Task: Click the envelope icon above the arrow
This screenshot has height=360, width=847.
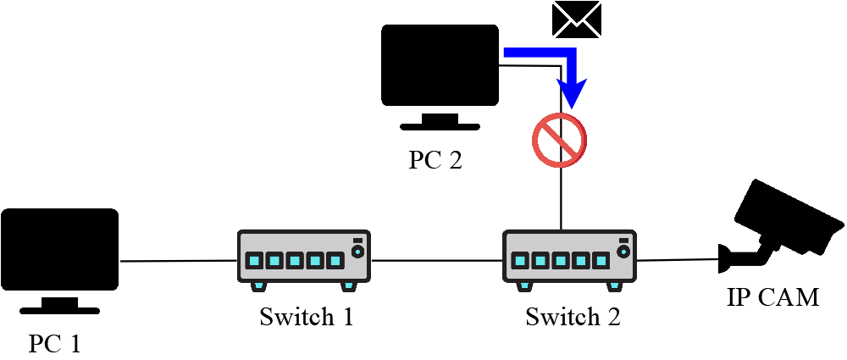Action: click(577, 19)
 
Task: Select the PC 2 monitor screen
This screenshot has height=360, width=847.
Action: click(440, 64)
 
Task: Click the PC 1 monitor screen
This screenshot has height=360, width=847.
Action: click(59, 248)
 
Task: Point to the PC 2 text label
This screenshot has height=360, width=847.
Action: click(435, 161)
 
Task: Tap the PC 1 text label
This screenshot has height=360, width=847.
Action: click(55, 344)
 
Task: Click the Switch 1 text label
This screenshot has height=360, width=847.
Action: click(306, 318)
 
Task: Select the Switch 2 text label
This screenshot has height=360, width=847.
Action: click(573, 318)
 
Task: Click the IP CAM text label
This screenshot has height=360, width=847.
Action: click(772, 297)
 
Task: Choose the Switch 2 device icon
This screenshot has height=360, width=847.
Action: click(570, 258)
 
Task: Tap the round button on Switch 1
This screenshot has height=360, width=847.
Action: click(358, 252)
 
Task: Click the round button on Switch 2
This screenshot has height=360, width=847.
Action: click(624, 252)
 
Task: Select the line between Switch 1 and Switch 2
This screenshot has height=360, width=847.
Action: click(437, 260)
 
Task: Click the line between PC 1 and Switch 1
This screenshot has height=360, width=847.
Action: click(178, 261)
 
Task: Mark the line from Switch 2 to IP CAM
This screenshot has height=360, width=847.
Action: click(678, 260)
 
